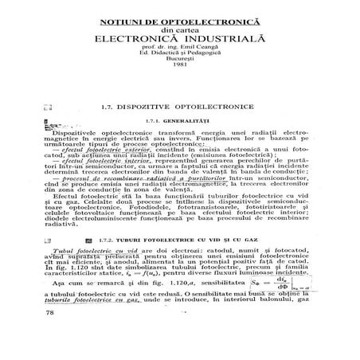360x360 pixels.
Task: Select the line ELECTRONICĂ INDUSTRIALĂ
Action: (180, 36)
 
